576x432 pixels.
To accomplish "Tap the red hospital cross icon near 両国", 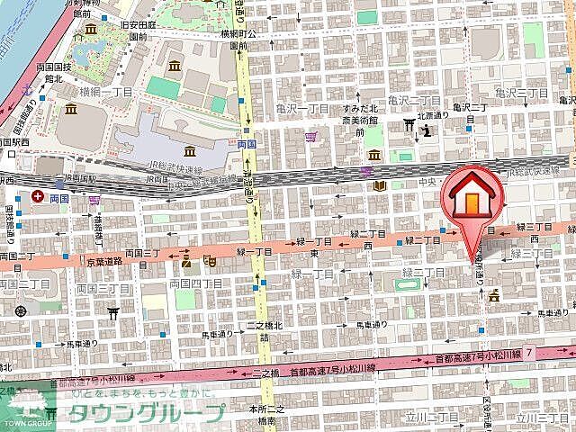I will (x=38, y=195).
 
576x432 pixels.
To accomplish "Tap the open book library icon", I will (x=380, y=186).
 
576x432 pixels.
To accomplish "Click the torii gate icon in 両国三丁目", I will (x=113, y=312).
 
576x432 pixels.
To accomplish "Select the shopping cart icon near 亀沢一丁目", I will (x=311, y=137).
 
